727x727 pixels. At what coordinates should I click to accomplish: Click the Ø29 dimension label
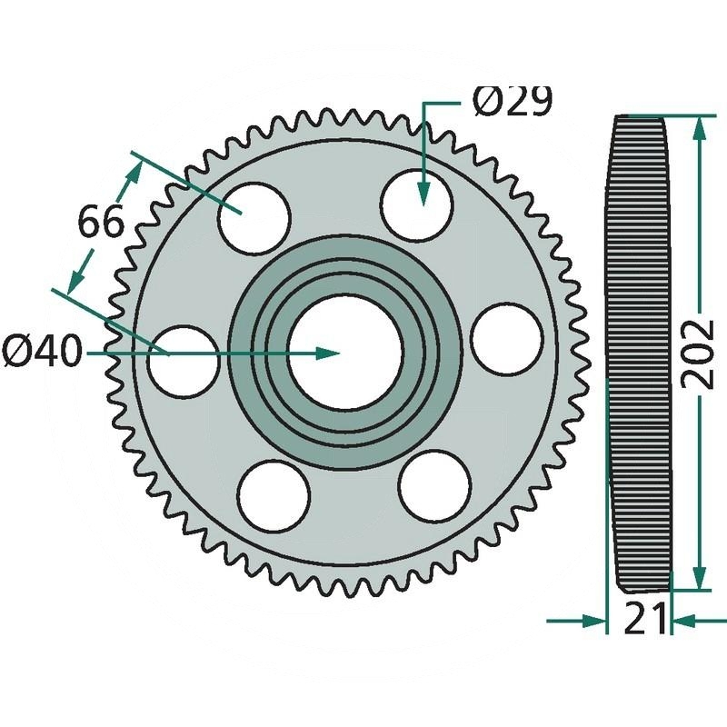point(513,101)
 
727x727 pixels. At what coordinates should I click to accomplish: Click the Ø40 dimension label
point(42,352)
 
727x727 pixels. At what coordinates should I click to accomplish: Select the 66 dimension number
point(102,222)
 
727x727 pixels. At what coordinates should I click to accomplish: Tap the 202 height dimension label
point(697,354)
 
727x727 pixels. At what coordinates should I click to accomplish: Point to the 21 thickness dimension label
point(645,619)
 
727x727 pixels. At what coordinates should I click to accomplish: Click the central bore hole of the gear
point(345,354)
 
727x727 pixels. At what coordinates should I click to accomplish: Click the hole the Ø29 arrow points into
point(416,206)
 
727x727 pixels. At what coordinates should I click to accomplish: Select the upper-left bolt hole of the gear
point(254,218)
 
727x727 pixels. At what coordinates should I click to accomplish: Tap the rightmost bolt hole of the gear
point(506,339)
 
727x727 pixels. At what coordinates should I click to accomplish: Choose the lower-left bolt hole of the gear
point(274,496)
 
